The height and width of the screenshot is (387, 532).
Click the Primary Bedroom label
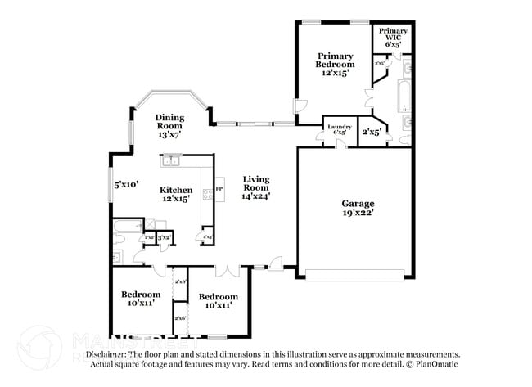[336, 64]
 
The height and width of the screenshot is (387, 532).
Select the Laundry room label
[340, 129]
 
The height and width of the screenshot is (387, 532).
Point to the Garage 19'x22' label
[358, 208]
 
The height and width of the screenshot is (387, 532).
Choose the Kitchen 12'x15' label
[176, 195]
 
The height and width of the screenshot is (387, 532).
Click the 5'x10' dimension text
[126, 184]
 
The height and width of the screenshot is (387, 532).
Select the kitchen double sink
[171, 160]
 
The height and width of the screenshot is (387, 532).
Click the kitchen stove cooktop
[208, 194]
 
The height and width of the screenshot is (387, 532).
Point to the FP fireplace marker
[219, 189]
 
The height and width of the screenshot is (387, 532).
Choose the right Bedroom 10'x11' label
[218, 300]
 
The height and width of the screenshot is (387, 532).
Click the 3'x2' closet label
[164, 237]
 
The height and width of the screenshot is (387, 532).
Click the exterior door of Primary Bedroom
[300, 106]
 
